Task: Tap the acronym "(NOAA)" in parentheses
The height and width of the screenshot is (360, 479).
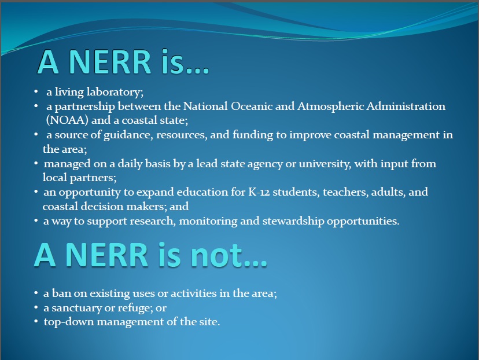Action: (67, 120)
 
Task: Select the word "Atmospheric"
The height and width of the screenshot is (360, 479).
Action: (330, 106)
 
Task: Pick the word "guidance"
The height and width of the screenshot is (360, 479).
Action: (128, 135)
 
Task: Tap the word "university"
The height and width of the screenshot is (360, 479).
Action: (325, 164)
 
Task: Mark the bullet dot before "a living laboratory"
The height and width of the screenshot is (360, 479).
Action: (36, 91)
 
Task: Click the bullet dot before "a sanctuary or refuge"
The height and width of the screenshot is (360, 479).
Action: (36, 307)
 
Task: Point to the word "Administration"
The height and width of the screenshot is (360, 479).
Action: (406, 106)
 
